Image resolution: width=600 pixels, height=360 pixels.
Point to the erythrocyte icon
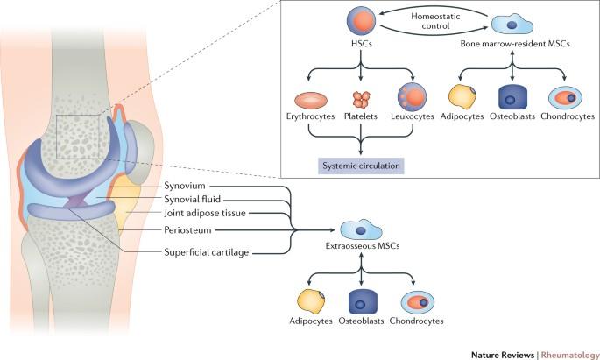click(309, 100)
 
